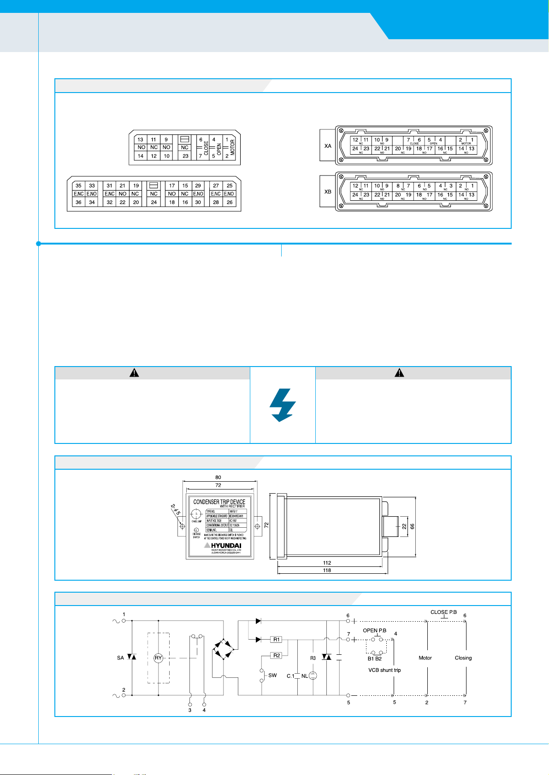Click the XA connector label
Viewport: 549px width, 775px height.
(x=328, y=146)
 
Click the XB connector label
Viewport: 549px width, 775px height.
(x=328, y=192)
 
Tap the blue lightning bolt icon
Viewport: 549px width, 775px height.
(x=283, y=405)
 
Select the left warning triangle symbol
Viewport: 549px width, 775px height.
(x=134, y=373)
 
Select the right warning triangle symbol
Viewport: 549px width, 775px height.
(x=399, y=373)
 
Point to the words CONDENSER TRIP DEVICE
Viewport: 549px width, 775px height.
(x=219, y=501)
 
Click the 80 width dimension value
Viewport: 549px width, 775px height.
(x=218, y=478)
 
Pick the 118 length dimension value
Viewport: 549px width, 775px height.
(x=327, y=570)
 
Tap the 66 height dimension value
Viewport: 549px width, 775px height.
(x=413, y=526)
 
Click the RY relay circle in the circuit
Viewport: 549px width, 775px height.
(x=158, y=658)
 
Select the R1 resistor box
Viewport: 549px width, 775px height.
(x=276, y=639)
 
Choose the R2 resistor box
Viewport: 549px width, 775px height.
(x=276, y=655)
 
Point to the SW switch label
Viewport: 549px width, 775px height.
(x=272, y=676)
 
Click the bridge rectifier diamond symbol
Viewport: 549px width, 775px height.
(x=224, y=649)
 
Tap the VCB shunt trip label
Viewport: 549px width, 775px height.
(x=384, y=670)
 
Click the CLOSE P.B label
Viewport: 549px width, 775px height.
(x=443, y=612)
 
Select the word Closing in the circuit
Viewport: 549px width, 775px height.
(x=463, y=658)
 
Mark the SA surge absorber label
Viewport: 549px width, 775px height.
(x=120, y=658)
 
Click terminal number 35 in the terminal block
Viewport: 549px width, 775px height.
(x=78, y=186)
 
